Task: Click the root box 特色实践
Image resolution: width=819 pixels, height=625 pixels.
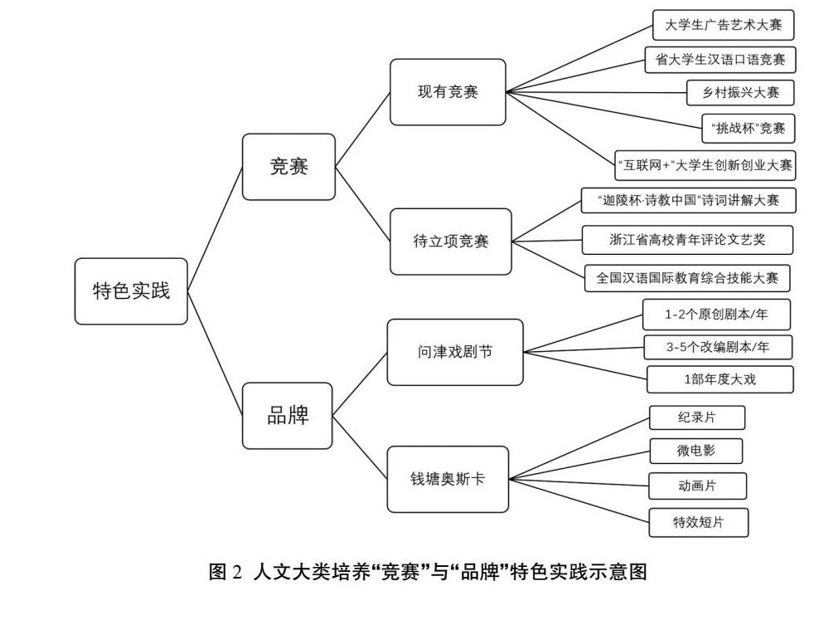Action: [131, 291]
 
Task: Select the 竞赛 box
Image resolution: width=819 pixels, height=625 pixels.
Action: [288, 167]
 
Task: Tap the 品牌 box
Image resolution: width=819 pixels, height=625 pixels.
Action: [288, 416]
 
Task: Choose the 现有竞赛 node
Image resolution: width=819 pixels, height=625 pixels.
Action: [448, 92]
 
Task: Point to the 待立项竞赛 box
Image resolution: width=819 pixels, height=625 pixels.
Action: [451, 242]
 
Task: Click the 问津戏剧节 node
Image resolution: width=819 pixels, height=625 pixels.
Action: [454, 352]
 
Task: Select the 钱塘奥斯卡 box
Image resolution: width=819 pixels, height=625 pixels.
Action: [448, 479]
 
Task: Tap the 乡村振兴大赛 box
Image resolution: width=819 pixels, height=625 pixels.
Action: [734, 92]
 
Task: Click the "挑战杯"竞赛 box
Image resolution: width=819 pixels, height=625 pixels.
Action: [748, 128]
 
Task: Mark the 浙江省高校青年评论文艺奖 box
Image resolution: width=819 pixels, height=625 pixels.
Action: [687, 240]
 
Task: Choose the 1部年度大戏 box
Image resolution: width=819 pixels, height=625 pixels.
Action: [720, 379]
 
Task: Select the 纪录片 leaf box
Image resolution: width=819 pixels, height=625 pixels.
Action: [686, 417]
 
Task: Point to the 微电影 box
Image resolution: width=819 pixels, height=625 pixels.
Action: [695, 451]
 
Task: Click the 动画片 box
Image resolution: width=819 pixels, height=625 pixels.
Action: [696, 486]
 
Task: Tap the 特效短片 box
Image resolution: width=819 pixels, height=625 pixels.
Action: [698, 522]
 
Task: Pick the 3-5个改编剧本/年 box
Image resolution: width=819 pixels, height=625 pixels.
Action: [718, 347]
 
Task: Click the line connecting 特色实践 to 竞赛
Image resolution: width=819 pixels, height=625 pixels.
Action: [215, 228]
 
